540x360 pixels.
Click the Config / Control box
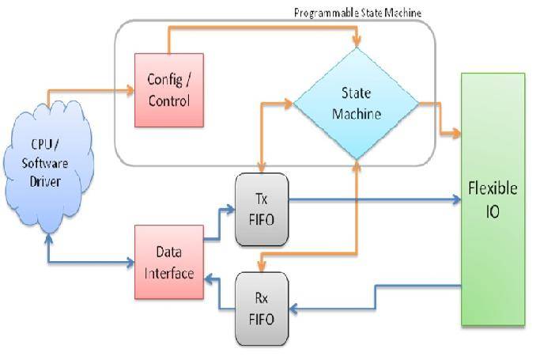[x=168, y=91]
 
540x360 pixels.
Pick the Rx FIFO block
[x=262, y=309]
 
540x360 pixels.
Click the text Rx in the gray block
[x=262, y=298]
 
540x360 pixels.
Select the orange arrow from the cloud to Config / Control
[x=87, y=90]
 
